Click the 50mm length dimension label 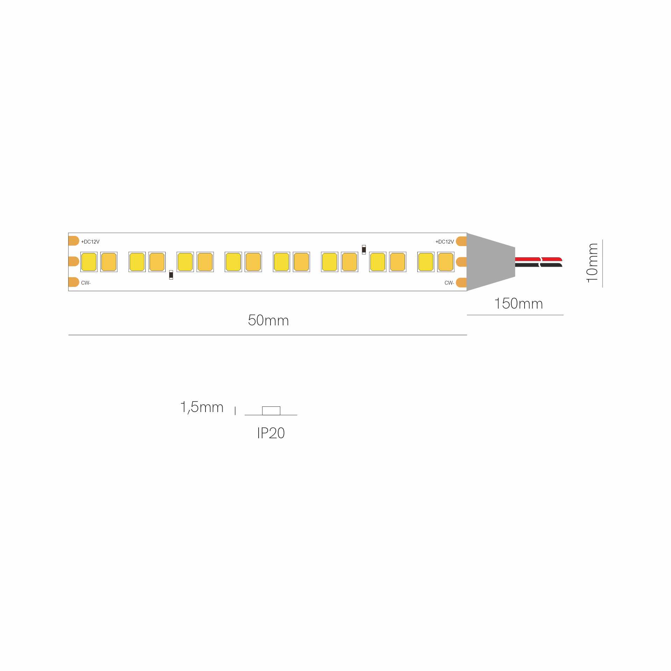pos(268,320)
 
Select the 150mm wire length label pos(519,303)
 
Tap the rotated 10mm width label pos(592,263)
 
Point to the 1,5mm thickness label pos(202,407)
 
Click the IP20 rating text pos(271,433)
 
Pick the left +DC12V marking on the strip pos(90,242)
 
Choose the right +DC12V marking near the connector pos(445,242)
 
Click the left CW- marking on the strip pos(86,283)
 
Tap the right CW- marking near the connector pos(449,283)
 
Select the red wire pos(539,259)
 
